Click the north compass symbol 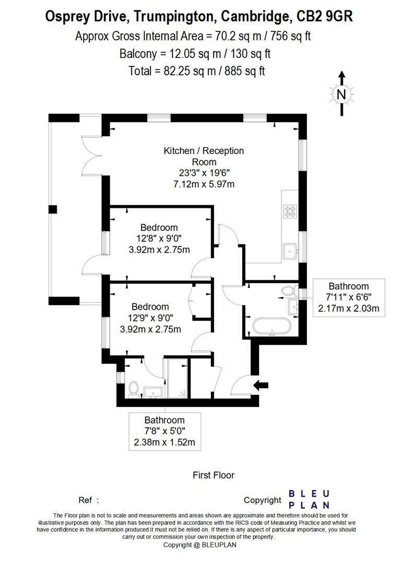point(341,94)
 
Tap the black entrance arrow point(261,385)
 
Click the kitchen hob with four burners point(290,211)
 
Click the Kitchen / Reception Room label point(204,156)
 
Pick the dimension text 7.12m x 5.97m point(204,184)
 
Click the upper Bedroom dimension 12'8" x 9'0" point(159,239)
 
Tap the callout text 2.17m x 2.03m point(348,309)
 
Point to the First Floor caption point(214,475)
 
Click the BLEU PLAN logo point(309,499)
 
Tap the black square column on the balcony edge point(52,209)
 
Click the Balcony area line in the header point(194,53)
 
